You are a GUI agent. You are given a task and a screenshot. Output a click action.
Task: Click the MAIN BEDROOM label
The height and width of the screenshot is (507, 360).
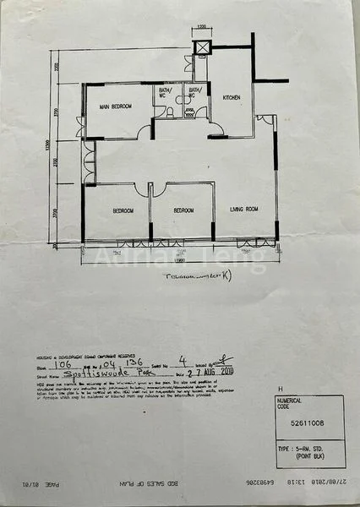coord(117,106)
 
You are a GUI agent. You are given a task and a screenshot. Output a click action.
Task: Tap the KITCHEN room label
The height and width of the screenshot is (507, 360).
coord(232,98)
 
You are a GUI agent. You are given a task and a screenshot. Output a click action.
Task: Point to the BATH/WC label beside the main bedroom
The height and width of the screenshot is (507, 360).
coord(165,91)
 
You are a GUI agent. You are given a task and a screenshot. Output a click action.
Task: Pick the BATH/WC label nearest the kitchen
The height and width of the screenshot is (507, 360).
coord(195,91)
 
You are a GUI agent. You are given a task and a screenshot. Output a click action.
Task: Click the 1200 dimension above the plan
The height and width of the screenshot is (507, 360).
coord(200,28)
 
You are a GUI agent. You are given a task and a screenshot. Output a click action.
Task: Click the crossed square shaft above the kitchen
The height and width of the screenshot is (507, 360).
coord(201,47)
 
